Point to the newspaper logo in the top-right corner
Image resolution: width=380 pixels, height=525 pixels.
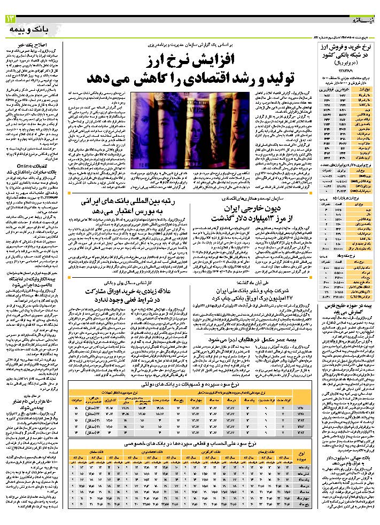click(x=363, y=19)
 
